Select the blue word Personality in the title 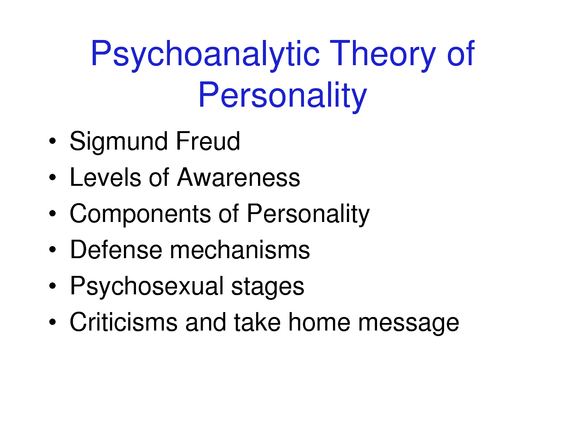282,96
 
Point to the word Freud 208,141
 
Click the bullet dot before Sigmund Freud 52,141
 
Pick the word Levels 105,177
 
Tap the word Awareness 238,177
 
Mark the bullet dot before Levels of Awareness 52,177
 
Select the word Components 140,214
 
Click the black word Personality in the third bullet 308,214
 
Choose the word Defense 116,250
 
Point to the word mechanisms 240,250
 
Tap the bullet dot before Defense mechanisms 52,250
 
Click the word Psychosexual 147,286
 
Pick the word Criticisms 124,322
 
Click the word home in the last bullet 319,322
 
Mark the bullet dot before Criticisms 52,322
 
